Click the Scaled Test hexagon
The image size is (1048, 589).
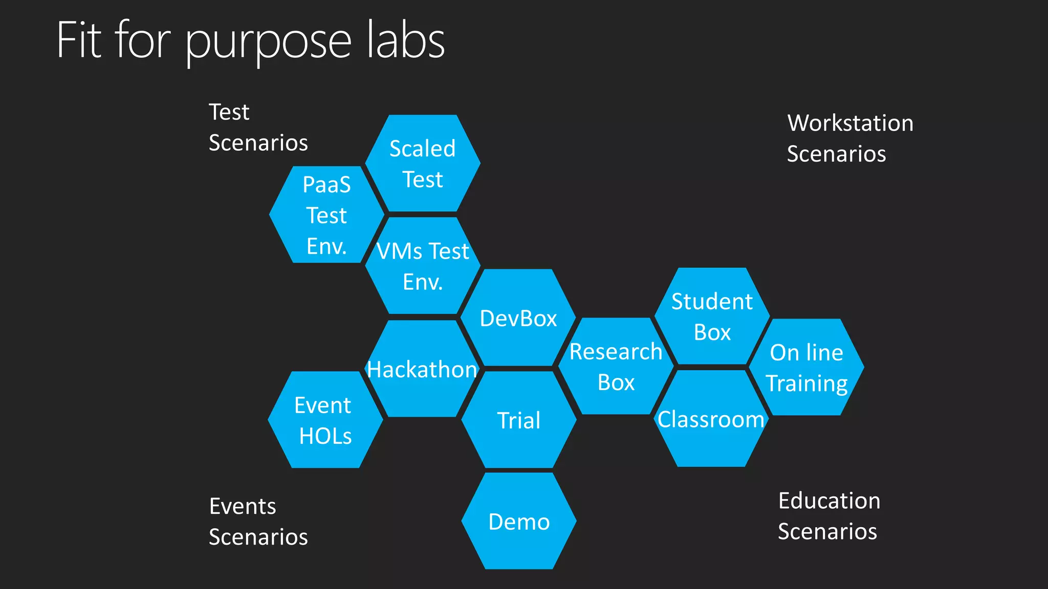pyautogui.click(x=423, y=163)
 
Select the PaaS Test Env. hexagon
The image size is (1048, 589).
pyautogui.click(x=326, y=215)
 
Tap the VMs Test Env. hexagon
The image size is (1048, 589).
pyautogui.click(x=423, y=266)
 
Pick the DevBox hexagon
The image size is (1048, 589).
pyautogui.click(x=518, y=318)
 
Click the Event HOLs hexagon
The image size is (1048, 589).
pyautogui.click(x=325, y=420)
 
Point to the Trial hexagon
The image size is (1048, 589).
pyautogui.click(x=519, y=420)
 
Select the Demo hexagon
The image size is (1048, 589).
pyautogui.click(x=519, y=522)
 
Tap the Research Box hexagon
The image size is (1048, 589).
pyautogui.click(x=616, y=367)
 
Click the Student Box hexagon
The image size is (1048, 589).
pyautogui.click(x=712, y=316)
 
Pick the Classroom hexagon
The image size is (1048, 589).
pyautogui.click(x=711, y=419)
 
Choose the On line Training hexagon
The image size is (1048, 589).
pyautogui.click(x=806, y=368)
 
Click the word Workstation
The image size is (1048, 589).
pyautogui.click(x=850, y=123)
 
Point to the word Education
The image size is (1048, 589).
pyautogui.click(x=829, y=501)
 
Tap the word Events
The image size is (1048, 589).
pyautogui.click(x=243, y=507)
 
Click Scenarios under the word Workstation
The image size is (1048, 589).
pyautogui.click(x=836, y=154)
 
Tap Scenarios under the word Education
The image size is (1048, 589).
pyautogui.click(x=827, y=532)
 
